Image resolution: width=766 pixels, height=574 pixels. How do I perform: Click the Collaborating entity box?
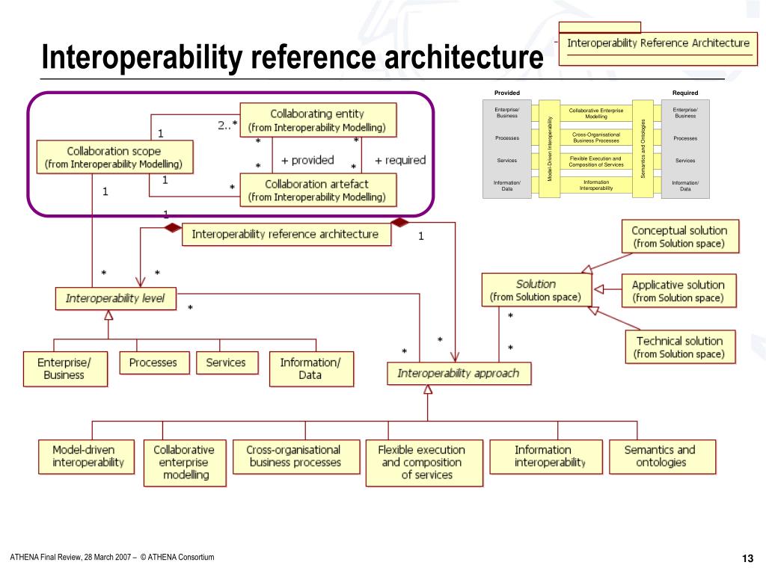(317, 120)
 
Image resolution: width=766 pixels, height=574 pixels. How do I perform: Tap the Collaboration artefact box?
(317, 191)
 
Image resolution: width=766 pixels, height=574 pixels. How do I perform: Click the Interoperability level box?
(114, 298)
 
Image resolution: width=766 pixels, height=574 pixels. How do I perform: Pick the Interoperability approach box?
(458, 373)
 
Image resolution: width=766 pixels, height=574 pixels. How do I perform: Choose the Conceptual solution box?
(678, 237)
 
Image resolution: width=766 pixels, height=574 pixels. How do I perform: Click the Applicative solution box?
(678, 291)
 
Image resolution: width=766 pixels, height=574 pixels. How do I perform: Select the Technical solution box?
(678, 347)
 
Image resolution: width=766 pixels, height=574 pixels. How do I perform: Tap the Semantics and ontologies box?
(659, 456)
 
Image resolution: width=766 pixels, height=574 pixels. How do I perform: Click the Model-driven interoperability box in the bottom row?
(88, 456)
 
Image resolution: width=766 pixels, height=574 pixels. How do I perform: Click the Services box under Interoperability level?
(225, 362)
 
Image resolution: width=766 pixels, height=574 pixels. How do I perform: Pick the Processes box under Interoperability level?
(153, 362)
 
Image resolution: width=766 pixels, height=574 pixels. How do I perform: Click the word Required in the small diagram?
(684, 93)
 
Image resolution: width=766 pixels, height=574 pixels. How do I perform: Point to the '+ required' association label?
(399, 160)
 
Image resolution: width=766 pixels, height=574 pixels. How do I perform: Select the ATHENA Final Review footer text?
(112, 557)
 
